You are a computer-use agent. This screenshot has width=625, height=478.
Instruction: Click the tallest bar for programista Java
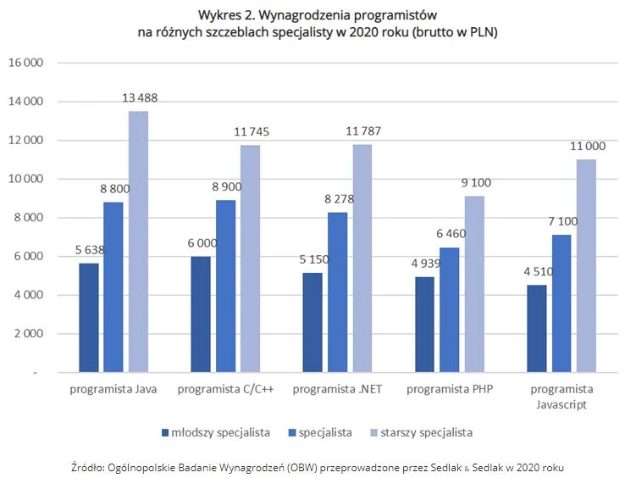click(138, 242)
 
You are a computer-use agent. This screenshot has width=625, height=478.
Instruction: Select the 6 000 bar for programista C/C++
click(202, 314)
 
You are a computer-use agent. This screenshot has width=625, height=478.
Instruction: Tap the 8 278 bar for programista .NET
click(338, 292)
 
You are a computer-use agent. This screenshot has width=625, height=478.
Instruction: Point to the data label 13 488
click(139, 98)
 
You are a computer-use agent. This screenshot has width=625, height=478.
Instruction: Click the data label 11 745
click(251, 132)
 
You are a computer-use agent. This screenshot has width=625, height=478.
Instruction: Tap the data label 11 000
click(588, 147)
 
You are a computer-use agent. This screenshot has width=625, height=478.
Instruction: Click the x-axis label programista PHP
click(450, 389)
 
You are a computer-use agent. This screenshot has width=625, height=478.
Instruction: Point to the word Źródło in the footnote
click(91, 467)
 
